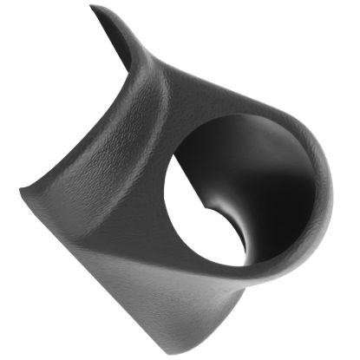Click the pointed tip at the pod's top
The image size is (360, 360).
(93, 8)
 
